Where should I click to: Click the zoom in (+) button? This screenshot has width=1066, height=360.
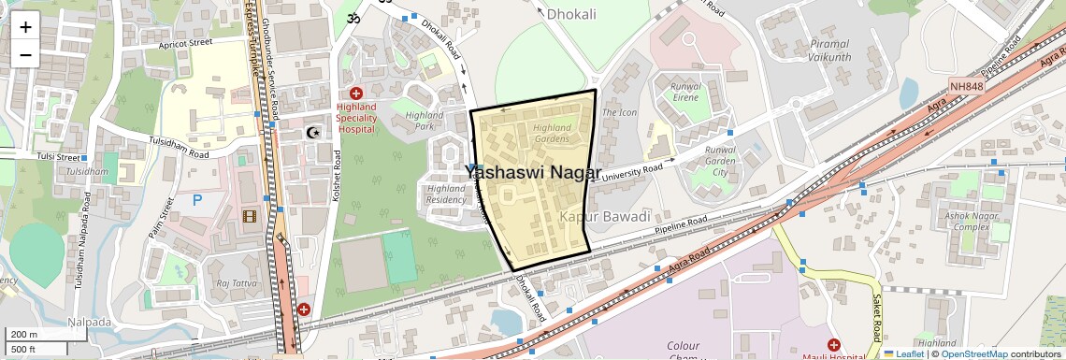tap(25, 27)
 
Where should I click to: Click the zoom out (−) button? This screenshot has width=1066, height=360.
tap(25, 54)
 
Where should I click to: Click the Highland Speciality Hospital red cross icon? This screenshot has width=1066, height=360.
tap(356, 94)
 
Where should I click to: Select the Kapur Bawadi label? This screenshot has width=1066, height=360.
tap(604, 217)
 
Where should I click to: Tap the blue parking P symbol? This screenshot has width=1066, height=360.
tap(197, 199)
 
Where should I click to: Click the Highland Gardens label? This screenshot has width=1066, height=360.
tap(551, 133)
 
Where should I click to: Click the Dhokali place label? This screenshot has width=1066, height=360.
tap(571, 14)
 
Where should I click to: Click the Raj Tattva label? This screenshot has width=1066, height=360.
tap(236, 283)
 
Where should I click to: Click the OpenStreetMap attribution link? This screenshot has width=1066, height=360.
tap(973, 353)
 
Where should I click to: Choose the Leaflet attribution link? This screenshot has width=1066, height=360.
tap(903, 353)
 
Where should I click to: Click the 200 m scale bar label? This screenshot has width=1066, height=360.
tap(24, 335)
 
